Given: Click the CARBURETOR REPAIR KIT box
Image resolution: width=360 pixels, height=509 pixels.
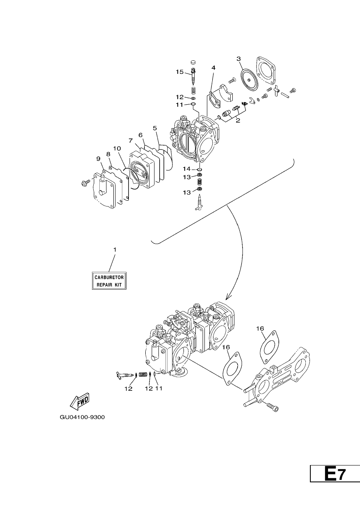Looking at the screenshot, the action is [109, 281].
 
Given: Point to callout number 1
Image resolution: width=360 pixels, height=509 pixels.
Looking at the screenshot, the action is [115, 250].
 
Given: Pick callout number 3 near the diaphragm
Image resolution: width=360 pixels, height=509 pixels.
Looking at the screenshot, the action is [238, 59].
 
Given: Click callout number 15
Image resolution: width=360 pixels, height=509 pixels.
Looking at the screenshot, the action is [179, 72].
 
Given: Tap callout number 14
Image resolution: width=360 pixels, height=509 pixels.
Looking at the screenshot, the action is [187, 169].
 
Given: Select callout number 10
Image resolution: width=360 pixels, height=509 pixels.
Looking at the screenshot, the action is [117, 148].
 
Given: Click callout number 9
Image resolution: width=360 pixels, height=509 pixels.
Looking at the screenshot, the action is [99, 158].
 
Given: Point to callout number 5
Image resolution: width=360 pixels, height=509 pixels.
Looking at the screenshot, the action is [155, 128].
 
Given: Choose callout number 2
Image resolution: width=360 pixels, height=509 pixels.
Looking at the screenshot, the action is [238, 120].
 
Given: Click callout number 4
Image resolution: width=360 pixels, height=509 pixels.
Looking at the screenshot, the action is [213, 68].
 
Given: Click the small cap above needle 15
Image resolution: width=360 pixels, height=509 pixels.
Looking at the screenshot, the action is [193, 62].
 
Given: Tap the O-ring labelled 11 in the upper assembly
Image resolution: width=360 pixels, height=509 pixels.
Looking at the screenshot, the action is [193, 104].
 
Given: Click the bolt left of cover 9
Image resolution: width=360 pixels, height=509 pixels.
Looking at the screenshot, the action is [85, 182].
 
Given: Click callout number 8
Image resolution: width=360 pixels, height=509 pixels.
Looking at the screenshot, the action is [108, 154].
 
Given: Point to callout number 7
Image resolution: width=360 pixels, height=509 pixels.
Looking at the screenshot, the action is [131, 141].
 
